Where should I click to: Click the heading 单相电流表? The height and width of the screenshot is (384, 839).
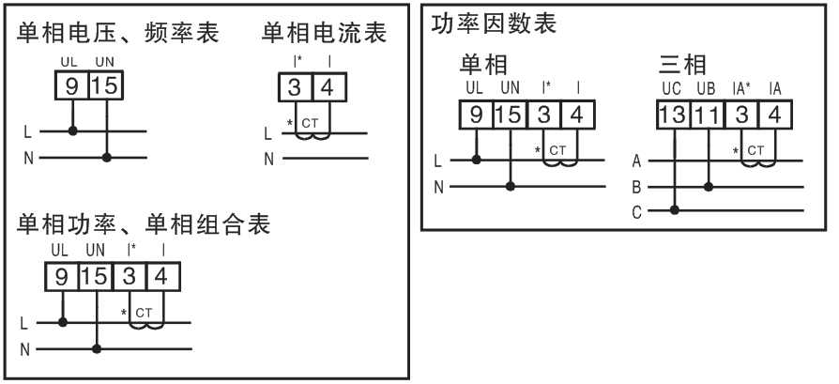click(325, 35)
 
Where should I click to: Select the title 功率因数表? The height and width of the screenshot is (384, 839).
click(493, 24)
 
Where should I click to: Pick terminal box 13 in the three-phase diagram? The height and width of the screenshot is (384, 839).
click(671, 115)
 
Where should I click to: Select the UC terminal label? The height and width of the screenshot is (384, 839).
click(671, 89)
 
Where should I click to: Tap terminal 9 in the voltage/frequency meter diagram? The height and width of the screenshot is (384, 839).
click(72, 86)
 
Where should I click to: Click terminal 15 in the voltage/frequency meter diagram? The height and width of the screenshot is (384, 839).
click(106, 86)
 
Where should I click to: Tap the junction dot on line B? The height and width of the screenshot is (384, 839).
click(708, 186)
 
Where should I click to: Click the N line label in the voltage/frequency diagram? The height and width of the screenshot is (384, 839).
click(28, 157)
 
